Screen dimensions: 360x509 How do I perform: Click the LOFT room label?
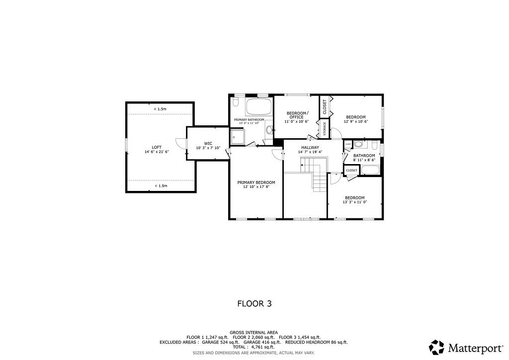click(157, 147)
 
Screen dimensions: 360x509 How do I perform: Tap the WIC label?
click(208, 143)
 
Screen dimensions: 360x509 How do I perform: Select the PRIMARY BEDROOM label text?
click(256, 182)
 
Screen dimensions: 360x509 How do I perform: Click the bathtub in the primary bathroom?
click(259, 106)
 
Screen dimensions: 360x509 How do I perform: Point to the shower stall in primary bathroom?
click(237, 136)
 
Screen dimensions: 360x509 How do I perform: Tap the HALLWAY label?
click(310, 148)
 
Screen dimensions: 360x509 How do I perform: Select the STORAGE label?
click(325, 128)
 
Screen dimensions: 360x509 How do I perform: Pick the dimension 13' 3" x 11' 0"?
click(354, 202)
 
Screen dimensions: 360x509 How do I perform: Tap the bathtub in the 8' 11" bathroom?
click(370, 170)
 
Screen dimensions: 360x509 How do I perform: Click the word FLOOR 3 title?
click(254, 303)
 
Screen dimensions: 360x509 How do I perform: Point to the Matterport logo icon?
click(436, 347)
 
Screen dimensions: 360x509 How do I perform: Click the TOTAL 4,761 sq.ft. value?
click(254, 347)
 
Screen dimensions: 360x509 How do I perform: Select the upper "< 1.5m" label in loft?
click(160, 109)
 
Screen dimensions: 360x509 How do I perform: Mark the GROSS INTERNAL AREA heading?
click(254, 332)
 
